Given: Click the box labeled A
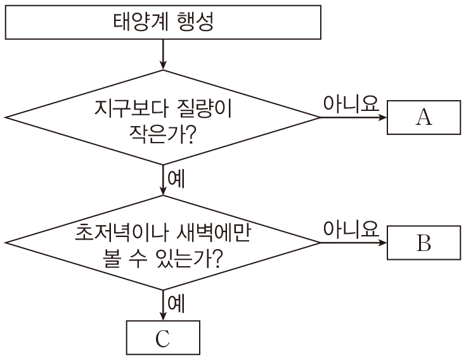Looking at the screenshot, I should pos(424,117).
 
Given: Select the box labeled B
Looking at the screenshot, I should pos(424,243).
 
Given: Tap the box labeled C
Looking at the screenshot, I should pos(163,338).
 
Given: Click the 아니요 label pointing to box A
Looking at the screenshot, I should pos(351,104).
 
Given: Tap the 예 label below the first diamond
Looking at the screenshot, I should pos(176,179).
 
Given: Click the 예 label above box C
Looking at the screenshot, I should pos(176,304).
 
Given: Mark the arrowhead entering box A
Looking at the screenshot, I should pos(382,117).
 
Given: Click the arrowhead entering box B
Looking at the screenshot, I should pos(382,243).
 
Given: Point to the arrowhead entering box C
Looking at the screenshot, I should pos(163,317).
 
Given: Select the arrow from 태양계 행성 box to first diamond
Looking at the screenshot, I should pos(163,53).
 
